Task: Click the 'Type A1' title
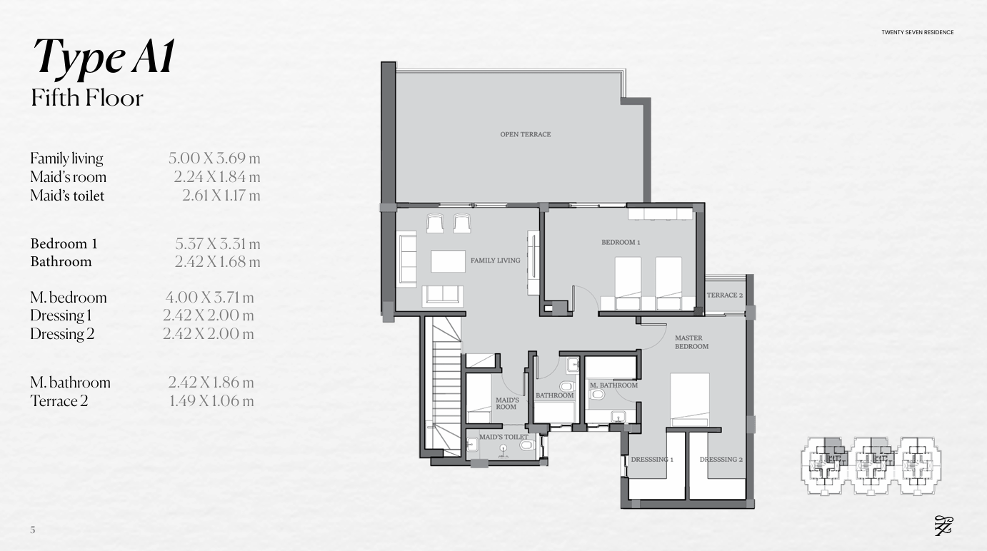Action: pyautogui.click(x=104, y=57)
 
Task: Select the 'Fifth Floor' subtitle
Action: pyautogui.click(x=87, y=98)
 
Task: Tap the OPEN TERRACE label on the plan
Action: pyautogui.click(x=525, y=134)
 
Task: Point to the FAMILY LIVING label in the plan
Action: pyautogui.click(x=495, y=261)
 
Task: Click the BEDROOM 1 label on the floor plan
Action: pyautogui.click(x=621, y=242)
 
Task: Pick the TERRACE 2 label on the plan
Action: pyautogui.click(x=725, y=295)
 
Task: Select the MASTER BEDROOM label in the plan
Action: pyautogui.click(x=692, y=342)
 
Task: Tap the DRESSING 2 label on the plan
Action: pyautogui.click(x=721, y=460)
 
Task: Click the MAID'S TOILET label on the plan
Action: pyautogui.click(x=503, y=437)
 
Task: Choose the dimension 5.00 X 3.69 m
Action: pyautogui.click(x=214, y=158)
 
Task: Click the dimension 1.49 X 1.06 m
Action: pyautogui.click(x=211, y=401)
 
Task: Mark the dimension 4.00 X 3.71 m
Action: pyautogui.click(x=210, y=298)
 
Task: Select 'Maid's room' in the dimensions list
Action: pyautogui.click(x=69, y=177)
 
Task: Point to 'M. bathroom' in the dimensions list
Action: pyautogui.click(x=71, y=383)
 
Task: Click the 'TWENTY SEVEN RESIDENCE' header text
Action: pyautogui.click(x=918, y=32)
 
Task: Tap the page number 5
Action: pyautogui.click(x=33, y=530)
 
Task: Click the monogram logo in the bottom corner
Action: pyautogui.click(x=943, y=526)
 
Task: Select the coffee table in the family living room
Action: pyautogui.click(x=448, y=261)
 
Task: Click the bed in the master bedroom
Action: pyautogui.click(x=690, y=400)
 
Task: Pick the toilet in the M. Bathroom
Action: pyautogui.click(x=596, y=394)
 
